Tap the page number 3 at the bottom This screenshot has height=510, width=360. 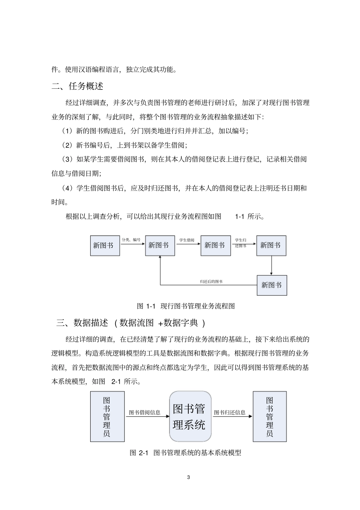(188, 477)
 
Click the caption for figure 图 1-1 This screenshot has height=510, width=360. (186, 306)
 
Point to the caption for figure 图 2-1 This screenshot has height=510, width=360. (185, 452)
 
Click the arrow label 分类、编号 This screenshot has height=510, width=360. (131, 240)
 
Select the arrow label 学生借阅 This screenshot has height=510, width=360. (186, 240)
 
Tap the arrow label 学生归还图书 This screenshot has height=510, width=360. (241, 243)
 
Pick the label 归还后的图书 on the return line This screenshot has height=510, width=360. (211, 281)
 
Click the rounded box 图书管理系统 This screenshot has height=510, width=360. (190, 416)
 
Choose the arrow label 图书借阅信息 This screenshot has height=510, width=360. (144, 412)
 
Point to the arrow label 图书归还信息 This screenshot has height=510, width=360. (230, 412)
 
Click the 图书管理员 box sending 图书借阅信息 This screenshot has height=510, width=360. (107, 416)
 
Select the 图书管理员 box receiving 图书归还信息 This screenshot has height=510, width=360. (269, 416)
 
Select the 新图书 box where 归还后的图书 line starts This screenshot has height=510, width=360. (272, 285)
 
